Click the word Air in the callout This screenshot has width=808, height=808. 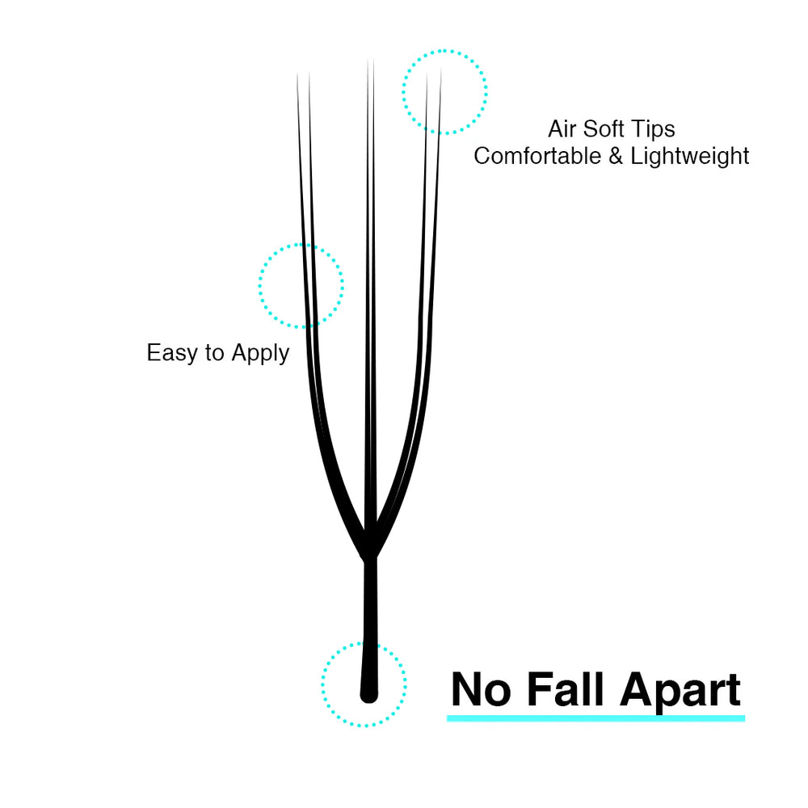coord(562,128)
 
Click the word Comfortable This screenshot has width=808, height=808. coord(537,156)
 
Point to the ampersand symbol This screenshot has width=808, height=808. coord(616,156)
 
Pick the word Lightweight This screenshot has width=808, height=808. coord(690,156)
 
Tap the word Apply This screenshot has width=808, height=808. coord(260,354)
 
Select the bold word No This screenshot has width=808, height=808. coord(481,689)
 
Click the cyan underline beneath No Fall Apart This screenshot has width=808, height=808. coord(595,718)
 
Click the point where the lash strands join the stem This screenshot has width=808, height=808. coord(370,558)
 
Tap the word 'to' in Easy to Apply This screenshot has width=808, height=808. coord(214,354)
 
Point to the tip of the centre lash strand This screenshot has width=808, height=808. coord(371,60)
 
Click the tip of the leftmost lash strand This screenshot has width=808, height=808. coord(297,74)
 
